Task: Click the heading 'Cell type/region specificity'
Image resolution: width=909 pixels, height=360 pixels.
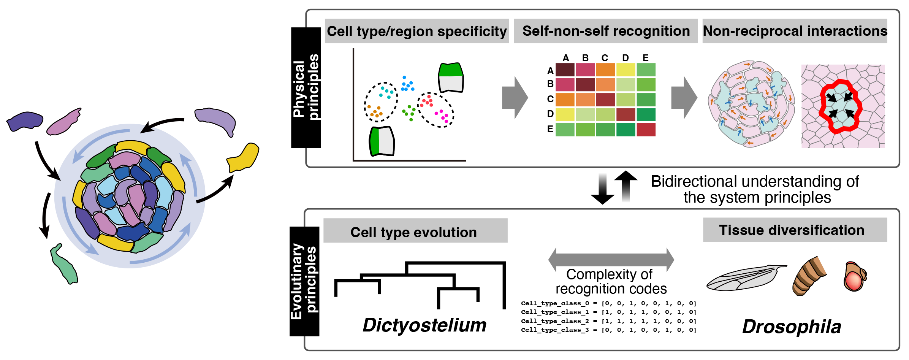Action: click(416, 31)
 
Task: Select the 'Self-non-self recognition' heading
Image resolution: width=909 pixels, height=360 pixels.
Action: click(606, 31)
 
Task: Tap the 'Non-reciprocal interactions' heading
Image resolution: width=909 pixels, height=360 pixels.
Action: click(795, 31)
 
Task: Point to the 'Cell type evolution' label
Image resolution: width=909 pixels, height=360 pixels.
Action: click(413, 232)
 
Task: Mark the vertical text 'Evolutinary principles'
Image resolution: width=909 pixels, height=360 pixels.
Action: click(304, 281)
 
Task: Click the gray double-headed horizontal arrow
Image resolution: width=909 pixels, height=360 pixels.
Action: click(611, 260)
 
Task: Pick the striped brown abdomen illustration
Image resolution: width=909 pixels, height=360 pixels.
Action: click(809, 276)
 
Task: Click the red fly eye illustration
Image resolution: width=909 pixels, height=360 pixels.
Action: click(854, 279)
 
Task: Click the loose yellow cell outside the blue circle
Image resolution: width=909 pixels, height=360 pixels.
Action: click(244, 157)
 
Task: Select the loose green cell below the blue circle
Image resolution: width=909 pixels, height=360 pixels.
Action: click(65, 265)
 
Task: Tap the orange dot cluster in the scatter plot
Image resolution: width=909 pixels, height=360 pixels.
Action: click(375, 111)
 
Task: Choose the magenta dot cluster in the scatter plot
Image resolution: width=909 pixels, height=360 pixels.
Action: click(442, 116)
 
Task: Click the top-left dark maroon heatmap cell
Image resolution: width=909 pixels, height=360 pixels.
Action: click(565, 70)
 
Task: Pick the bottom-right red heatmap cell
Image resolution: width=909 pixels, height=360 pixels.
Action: click(646, 130)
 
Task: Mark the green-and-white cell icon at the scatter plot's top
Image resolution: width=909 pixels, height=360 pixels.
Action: click(451, 78)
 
